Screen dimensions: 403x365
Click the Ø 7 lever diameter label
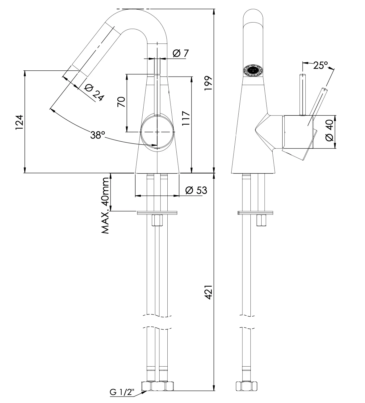(x=180, y=53)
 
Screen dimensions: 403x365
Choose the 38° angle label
(x=98, y=135)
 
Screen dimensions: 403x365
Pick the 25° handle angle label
(x=320, y=65)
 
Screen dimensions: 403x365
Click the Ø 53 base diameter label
(x=196, y=190)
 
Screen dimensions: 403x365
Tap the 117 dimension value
(x=186, y=118)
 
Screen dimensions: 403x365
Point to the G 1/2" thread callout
(x=122, y=393)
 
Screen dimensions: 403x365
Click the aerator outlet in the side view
(x=253, y=70)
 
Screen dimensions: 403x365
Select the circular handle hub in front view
(x=157, y=132)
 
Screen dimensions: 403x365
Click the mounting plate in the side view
(x=255, y=212)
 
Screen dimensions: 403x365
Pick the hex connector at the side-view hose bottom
(x=246, y=387)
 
